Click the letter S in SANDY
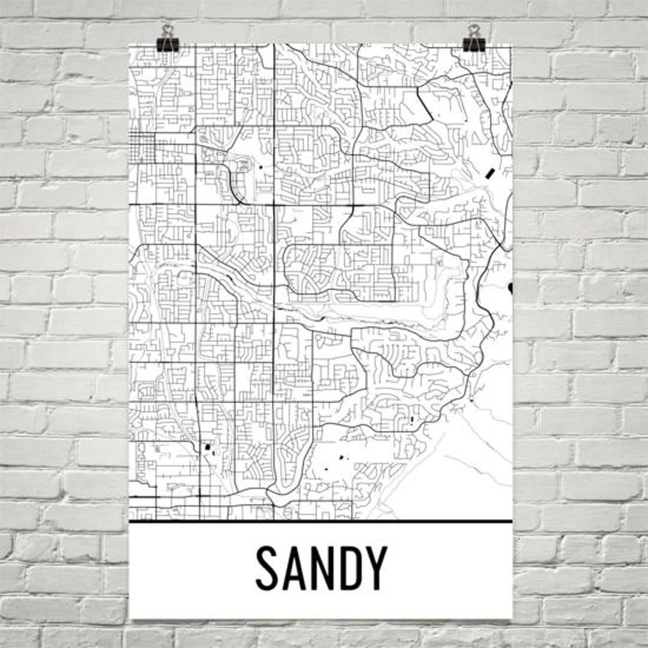(269, 568)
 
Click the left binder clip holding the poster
(167, 42)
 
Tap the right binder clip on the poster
(474, 42)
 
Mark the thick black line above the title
(321, 521)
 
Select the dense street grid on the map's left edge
(142, 146)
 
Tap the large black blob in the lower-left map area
(208, 446)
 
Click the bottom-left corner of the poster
(131, 617)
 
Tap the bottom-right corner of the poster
(512, 617)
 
